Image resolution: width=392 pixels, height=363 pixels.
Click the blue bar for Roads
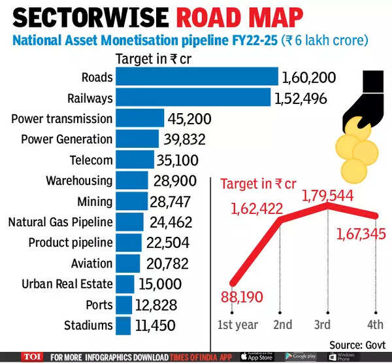coord(197,77)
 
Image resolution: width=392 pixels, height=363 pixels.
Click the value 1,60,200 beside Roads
coord(308,78)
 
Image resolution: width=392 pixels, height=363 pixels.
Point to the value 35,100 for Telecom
coord(178,160)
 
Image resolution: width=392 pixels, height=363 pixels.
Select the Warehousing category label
coord(79,181)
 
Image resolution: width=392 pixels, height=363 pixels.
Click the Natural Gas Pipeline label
coord(60,222)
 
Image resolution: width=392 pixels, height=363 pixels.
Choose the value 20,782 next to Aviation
coord(166,264)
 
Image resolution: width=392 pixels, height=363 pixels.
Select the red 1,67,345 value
coord(361,233)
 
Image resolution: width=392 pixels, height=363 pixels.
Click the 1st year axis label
coord(237,325)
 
